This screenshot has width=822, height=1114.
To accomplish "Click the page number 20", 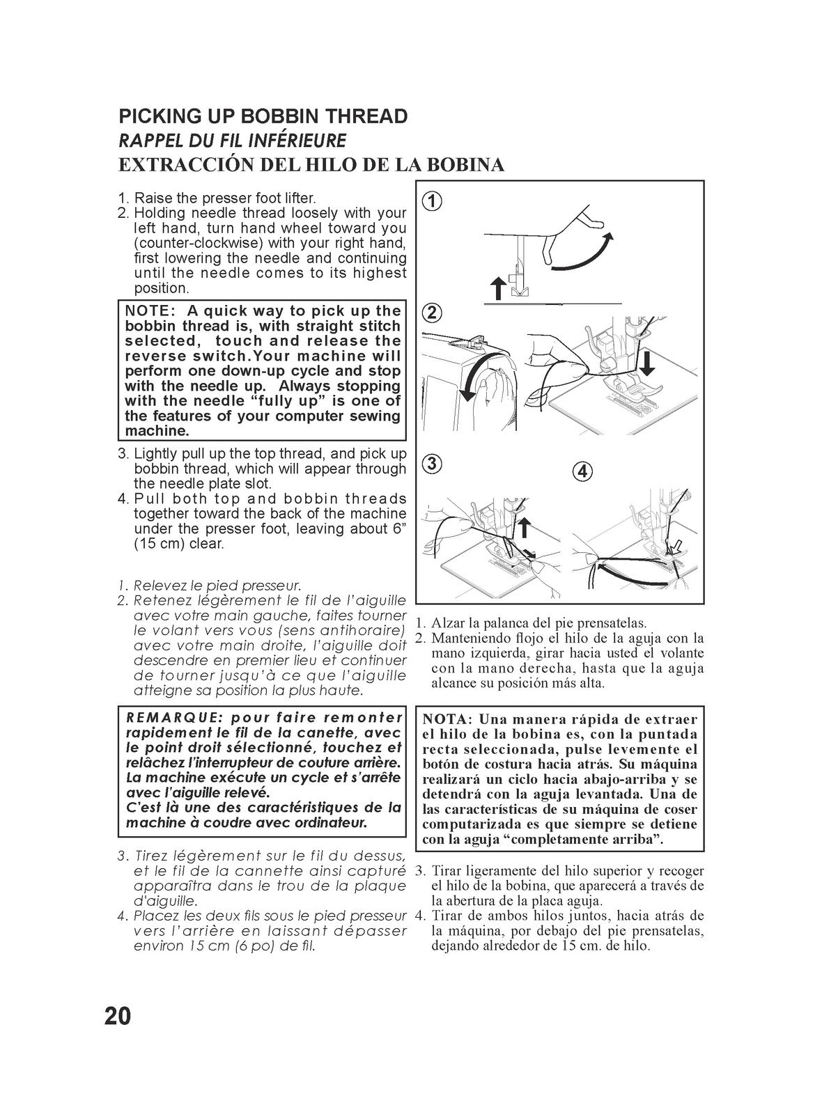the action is [118, 1016].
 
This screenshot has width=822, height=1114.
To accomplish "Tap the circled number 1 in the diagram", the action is [431, 202].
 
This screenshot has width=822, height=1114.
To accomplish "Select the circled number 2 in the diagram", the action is [431, 313].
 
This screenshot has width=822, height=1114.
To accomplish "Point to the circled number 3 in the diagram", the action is [431, 464].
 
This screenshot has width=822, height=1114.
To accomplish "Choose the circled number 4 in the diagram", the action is [583, 471].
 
